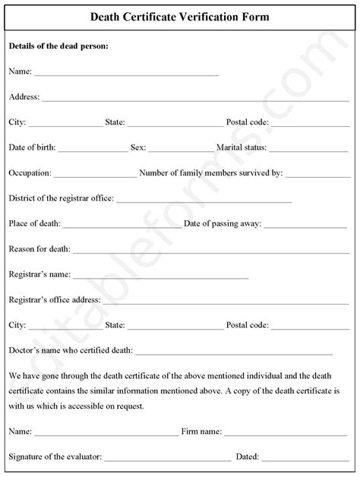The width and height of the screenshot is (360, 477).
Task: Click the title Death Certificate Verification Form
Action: [180, 16]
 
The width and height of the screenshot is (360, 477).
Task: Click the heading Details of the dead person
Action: [58, 46]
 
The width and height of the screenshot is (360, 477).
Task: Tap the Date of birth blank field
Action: [93, 149]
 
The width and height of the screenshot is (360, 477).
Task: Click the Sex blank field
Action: [182, 149]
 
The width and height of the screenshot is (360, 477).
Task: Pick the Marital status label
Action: [242, 147]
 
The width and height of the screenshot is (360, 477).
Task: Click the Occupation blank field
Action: [96, 175]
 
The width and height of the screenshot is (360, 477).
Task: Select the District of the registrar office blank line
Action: [204, 201]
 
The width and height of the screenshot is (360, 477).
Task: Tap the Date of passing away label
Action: [223, 224]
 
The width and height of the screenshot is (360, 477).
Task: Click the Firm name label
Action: [201, 432]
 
